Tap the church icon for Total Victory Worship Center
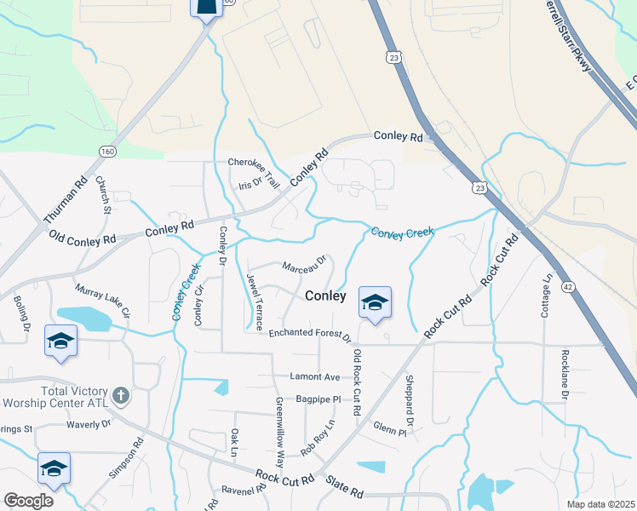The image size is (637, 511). coord(122,395)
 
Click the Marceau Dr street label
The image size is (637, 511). coord(305,266)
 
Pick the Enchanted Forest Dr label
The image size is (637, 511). coord(310,334)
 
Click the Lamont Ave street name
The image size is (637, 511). coord(314,377)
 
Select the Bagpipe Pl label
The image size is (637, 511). coord(318,399)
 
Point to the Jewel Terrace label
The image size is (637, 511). coord(255,301)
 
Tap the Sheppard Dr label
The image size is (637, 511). coord(410,400)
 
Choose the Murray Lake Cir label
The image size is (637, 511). coord(102,301)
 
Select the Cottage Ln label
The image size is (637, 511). coord(546,296)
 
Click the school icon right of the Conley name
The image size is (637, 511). coord(375,302)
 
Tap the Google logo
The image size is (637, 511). coord(28,501)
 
